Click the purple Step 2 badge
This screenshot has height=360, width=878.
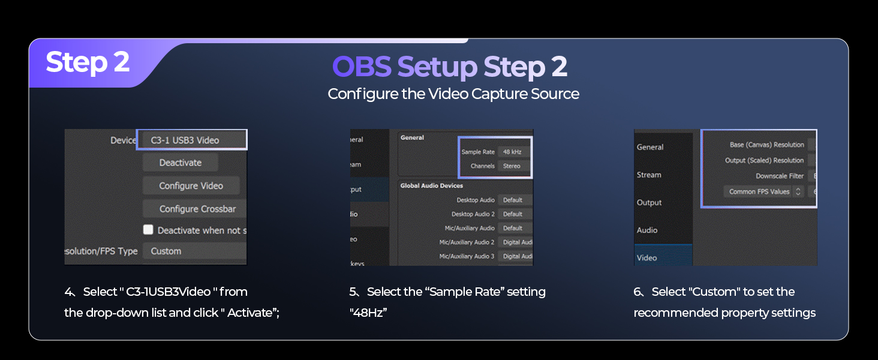tap(88, 62)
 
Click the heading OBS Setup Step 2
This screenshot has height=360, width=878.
tap(449, 67)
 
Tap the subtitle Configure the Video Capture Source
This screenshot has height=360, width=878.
tap(453, 94)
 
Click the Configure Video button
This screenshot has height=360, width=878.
tap(191, 186)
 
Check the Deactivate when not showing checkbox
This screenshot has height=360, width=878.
tap(148, 230)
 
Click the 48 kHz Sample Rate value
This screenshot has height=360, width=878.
tap(512, 152)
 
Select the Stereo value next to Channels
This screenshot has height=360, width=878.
tap(512, 166)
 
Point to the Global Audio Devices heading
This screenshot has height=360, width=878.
tap(432, 185)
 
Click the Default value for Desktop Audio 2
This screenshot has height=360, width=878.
tap(513, 214)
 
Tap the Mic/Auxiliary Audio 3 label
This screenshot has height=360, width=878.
tap(467, 256)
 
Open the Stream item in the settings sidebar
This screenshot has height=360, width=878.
tap(649, 175)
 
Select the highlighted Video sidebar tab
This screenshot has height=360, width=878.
tap(647, 257)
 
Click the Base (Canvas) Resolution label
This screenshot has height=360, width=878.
tap(766, 145)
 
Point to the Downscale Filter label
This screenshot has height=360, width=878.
tap(780, 176)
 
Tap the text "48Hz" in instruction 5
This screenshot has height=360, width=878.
tap(368, 313)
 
